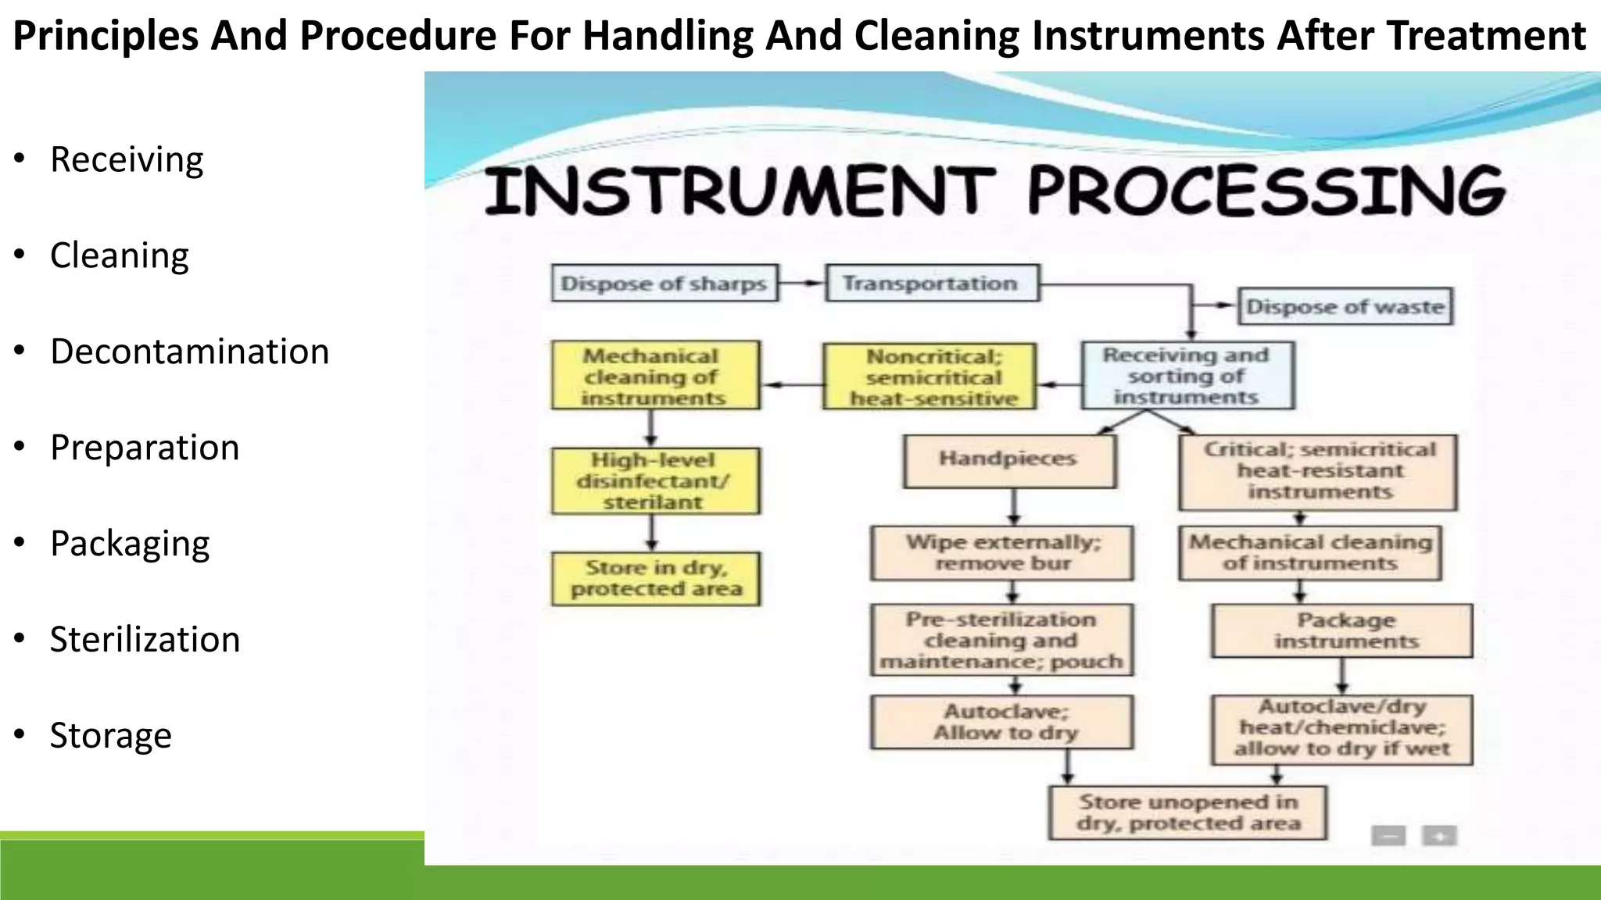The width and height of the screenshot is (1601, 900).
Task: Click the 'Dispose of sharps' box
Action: click(664, 284)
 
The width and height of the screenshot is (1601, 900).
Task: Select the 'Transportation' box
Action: click(931, 283)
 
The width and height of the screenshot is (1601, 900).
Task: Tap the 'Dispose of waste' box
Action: click(1345, 306)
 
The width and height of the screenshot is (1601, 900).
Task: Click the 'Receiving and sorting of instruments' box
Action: click(1187, 376)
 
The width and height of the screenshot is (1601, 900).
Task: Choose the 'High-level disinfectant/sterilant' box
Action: click(654, 480)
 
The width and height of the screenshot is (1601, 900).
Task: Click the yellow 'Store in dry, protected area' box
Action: click(655, 579)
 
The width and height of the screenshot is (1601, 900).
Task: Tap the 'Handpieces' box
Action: click(1008, 461)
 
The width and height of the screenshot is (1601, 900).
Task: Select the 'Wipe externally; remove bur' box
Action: click(1001, 553)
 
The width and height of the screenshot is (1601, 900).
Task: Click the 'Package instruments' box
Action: click(1342, 630)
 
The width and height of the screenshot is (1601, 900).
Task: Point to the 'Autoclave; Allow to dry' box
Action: click(1002, 723)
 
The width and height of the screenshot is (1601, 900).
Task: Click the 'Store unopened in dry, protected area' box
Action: click(1187, 812)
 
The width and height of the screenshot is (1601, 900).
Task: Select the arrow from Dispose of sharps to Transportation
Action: click(801, 283)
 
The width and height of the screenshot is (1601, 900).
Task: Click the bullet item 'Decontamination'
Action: click(189, 352)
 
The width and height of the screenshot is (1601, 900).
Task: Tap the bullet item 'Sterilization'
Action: click(145, 640)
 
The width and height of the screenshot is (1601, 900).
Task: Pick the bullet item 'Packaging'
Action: click(130, 544)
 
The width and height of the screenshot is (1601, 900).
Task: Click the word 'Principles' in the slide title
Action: click(106, 36)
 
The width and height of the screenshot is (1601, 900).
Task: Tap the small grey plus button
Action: click(1439, 836)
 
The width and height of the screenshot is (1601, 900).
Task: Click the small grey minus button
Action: click(1388, 836)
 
